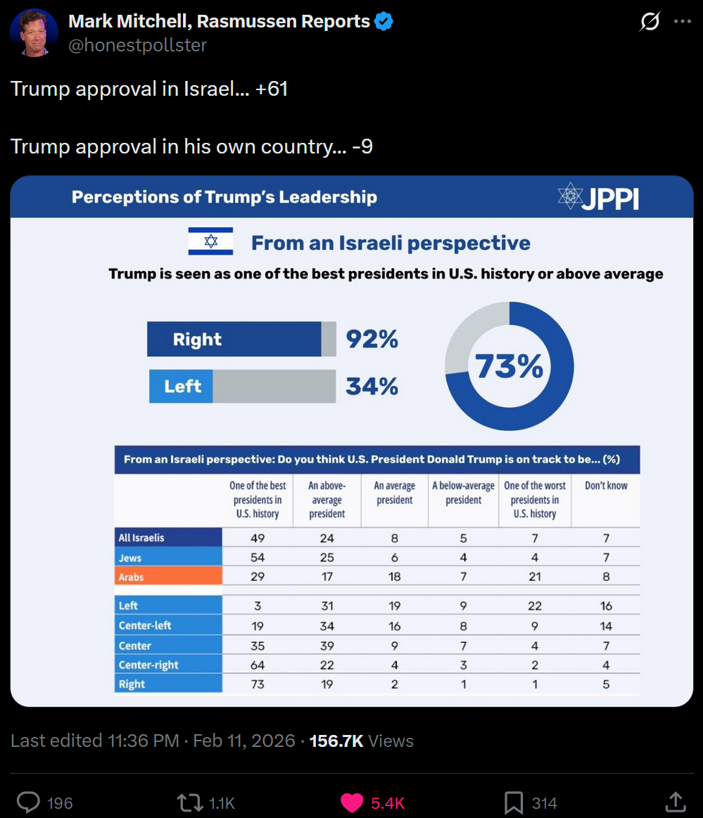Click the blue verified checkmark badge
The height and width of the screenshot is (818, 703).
tap(384, 22)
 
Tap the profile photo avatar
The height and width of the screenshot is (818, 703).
tap(34, 33)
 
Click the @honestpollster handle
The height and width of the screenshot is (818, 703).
tap(137, 46)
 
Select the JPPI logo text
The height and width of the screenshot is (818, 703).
tap(609, 198)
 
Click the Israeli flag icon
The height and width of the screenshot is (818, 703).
tap(210, 241)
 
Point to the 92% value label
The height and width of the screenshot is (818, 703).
tap(372, 339)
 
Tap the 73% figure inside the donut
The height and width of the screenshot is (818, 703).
tap(509, 367)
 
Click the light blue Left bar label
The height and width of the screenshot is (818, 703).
tap(182, 386)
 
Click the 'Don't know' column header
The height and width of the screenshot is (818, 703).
tap(606, 486)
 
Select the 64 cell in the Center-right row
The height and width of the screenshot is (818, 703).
tap(258, 665)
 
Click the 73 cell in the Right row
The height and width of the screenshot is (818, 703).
tap(258, 684)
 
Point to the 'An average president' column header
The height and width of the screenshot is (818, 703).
tap(394, 493)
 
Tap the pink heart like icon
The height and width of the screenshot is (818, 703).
tap(351, 803)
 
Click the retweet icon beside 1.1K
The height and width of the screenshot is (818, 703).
tap(189, 803)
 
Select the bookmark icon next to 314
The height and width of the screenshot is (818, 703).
tap(513, 803)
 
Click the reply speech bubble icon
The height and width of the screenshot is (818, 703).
tap(28, 803)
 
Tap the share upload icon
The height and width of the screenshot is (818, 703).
tap(675, 802)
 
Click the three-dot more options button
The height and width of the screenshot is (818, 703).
tap(682, 22)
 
